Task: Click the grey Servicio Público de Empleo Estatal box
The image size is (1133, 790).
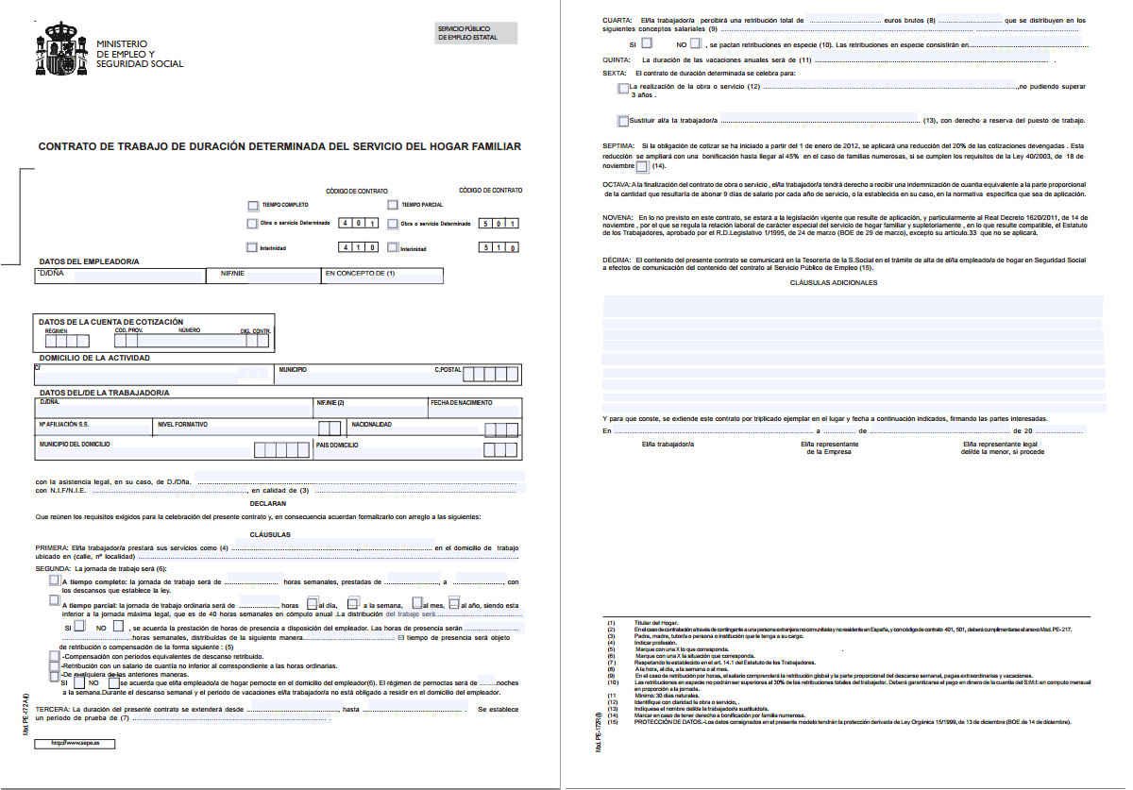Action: point(477,33)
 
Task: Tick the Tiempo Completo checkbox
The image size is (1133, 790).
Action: point(252,205)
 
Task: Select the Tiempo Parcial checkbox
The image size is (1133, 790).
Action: point(392,205)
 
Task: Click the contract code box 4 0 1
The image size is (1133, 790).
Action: point(359,224)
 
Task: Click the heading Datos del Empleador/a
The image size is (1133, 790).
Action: point(89,261)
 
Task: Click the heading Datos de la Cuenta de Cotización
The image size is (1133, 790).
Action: point(111,322)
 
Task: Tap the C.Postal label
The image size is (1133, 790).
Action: point(448,370)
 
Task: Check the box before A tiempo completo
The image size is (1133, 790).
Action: point(54,581)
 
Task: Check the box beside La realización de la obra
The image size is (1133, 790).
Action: point(622,88)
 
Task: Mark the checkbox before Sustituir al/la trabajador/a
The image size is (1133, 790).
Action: point(622,121)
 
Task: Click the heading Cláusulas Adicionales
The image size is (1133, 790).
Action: point(843,282)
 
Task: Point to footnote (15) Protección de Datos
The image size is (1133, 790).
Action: point(840,722)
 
